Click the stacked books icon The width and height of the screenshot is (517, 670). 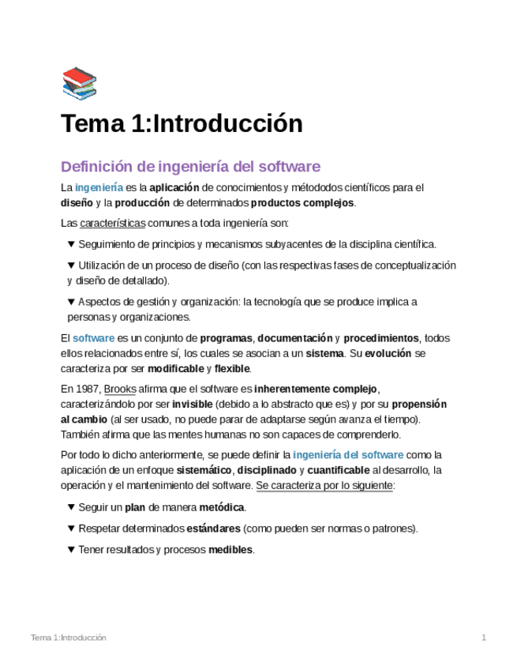click(x=79, y=84)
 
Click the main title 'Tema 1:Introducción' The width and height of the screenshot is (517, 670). click(x=182, y=124)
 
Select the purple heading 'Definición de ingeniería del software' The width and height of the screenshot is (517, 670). click(x=190, y=167)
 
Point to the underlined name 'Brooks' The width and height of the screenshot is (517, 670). click(x=120, y=389)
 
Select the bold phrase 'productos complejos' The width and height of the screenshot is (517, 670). click(x=308, y=202)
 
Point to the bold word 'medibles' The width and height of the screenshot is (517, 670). click(x=230, y=550)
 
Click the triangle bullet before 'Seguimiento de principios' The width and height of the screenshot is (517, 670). click(x=71, y=244)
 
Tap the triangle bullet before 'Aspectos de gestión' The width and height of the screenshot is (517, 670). click(x=71, y=302)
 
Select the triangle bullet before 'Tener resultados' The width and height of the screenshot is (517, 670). click(x=71, y=550)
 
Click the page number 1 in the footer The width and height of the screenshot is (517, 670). click(x=484, y=638)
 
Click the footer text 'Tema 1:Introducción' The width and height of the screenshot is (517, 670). click(x=69, y=638)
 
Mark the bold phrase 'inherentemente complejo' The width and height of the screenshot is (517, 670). click(x=316, y=389)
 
